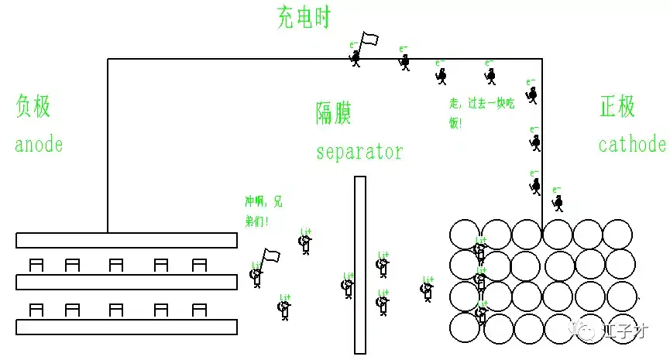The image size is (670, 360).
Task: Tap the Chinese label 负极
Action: coord(33,107)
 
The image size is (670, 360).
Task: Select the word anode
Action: coord(39,145)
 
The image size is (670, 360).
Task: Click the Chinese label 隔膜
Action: coord(334,114)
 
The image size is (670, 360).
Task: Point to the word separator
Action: coord(359,151)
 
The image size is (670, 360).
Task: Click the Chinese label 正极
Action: coord(617,107)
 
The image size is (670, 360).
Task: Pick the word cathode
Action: coord(632,145)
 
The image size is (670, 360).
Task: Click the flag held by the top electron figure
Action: coord(370,39)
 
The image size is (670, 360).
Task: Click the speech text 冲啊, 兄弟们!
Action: coord(263,211)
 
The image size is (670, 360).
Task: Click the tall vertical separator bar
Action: coord(359,263)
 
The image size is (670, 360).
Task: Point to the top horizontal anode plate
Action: coord(126,240)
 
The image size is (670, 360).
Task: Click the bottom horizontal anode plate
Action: coord(126,327)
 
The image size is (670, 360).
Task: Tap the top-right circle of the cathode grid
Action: coord(618,235)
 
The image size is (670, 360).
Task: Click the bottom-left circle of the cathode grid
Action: coord(465,327)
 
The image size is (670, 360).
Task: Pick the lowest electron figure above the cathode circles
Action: coord(558,203)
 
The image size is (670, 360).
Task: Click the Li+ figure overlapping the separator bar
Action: coord(348,286)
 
